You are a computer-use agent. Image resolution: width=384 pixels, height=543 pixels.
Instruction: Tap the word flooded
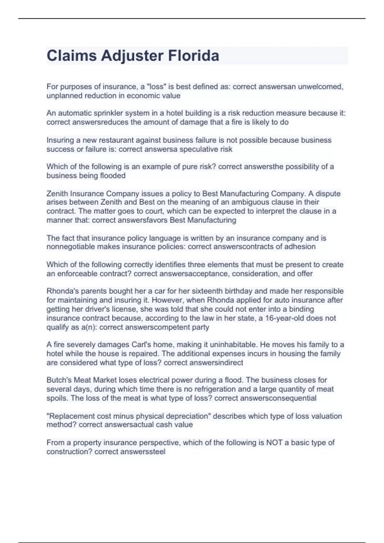click(113, 176)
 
